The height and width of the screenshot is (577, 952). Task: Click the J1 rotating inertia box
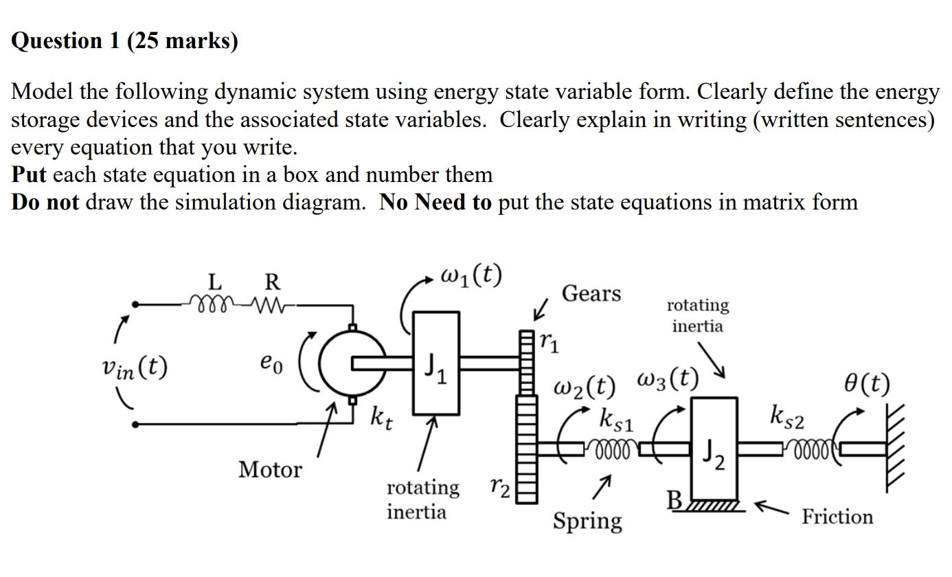coord(436,363)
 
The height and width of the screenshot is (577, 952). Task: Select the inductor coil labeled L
coord(212,303)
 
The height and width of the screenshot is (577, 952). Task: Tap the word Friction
coord(837,517)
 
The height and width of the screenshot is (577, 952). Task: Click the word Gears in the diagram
coord(591,293)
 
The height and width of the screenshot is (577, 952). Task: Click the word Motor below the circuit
coord(270,470)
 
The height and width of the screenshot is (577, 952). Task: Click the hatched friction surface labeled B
coord(714,506)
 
